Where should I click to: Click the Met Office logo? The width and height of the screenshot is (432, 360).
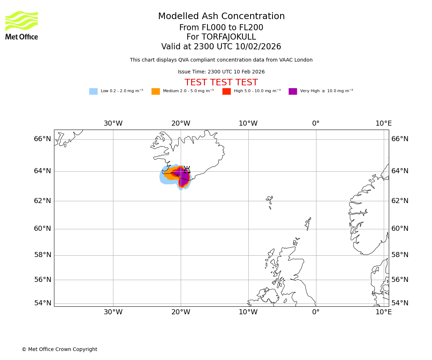22,25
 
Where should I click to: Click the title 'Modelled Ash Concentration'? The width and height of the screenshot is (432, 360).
221,17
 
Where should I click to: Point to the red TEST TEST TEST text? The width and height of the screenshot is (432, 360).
221,83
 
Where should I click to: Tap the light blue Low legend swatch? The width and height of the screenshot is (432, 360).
93,91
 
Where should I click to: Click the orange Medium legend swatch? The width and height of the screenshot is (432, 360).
156,91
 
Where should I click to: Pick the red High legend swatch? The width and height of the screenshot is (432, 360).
226,91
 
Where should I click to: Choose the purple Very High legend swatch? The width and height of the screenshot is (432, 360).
293,91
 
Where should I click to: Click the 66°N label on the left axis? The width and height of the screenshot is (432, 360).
42,139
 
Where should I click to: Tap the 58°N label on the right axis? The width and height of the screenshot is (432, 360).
400,255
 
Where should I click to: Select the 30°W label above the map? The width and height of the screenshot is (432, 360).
113,123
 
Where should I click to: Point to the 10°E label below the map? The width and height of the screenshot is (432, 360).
384,312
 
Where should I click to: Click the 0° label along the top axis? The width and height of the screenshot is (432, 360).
316,123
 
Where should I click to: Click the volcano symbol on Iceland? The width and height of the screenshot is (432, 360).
187,170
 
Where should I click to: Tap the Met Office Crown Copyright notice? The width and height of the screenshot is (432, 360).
59,350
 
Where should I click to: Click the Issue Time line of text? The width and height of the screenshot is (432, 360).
221,72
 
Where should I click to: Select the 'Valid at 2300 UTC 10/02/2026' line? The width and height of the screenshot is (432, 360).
221,47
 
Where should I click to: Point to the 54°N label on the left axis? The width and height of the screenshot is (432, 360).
42,303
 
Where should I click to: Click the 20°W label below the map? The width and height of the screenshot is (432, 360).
181,312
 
